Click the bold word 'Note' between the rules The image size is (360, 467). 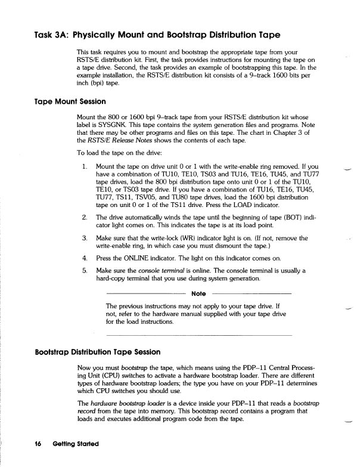[x=199, y=293]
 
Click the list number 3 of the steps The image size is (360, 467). [x=85, y=238]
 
